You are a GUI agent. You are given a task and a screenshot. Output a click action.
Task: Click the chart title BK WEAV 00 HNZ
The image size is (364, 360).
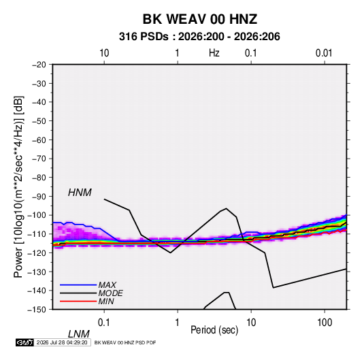(x=199, y=19)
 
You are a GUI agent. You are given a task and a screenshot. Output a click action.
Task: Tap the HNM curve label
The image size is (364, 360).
(x=80, y=193)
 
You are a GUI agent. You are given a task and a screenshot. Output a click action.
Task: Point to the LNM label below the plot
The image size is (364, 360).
(x=78, y=334)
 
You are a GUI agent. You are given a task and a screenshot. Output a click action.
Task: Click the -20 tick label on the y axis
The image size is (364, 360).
(x=39, y=65)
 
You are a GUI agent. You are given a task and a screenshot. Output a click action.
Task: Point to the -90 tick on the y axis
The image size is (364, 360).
(x=39, y=196)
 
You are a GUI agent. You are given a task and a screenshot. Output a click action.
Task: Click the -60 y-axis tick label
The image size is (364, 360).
(x=39, y=140)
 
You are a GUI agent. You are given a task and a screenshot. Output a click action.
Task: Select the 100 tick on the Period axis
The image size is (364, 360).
(x=325, y=322)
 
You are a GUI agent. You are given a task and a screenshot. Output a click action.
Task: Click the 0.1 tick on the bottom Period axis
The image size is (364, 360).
(x=104, y=322)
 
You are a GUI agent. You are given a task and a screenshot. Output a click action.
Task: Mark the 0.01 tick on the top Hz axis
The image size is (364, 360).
(x=324, y=53)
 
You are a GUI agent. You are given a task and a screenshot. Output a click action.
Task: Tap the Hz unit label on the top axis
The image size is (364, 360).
(x=214, y=53)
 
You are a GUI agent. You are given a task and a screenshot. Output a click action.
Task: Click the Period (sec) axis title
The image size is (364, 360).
(x=214, y=330)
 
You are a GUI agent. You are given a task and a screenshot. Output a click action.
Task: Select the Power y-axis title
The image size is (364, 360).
(x=18, y=187)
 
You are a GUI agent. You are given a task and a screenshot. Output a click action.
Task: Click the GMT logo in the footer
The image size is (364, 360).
(x=24, y=342)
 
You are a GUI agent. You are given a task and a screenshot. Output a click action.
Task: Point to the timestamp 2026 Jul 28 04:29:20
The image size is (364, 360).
(x=62, y=342)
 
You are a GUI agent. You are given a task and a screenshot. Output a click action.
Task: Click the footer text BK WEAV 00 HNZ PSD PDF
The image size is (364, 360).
(x=125, y=342)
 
